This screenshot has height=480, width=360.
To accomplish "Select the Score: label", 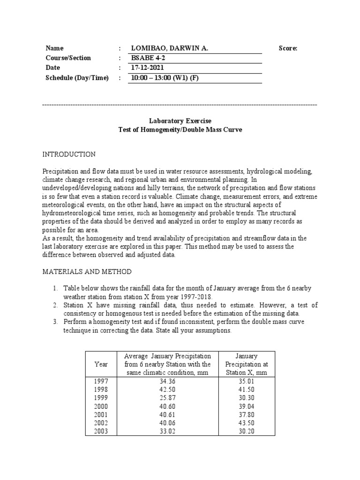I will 288,48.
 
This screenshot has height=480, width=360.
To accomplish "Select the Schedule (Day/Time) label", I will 77,78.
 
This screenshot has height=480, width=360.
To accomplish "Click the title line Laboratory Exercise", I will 180,121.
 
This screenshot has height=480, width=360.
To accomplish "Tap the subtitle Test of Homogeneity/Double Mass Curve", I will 180,130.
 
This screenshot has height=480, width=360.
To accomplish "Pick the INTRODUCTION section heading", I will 69,154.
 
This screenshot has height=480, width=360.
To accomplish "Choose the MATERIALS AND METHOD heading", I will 87,272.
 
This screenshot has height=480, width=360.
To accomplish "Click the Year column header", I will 101,364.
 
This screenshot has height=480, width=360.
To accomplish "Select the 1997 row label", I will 101,382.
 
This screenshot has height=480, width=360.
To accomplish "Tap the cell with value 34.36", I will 168,382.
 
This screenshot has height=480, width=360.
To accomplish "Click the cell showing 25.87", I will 168,398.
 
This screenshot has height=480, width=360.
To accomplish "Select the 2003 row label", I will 101,432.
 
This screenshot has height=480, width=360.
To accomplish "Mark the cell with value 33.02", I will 168,432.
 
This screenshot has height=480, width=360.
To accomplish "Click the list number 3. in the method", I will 55,322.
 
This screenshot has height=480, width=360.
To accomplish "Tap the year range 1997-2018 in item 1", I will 196,296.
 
